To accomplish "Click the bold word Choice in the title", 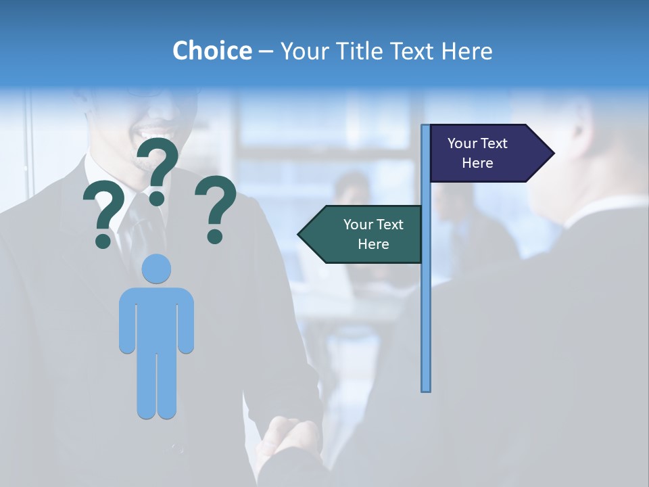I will (x=212, y=51).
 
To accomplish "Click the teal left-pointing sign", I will (x=362, y=234).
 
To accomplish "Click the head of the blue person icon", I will (x=157, y=269).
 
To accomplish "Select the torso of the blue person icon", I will (x=157, y=318).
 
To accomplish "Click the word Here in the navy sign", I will (x=477, y=163).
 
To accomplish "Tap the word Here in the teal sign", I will (x=373, y=244).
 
